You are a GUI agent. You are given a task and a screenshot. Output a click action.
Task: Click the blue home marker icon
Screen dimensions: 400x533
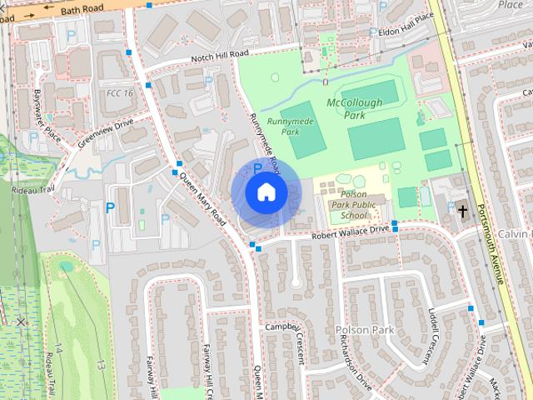[x=266, y=192]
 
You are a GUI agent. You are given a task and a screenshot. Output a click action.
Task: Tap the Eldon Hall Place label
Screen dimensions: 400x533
[x=406, y=22]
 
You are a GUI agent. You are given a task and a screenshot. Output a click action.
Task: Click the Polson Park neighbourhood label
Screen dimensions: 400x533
[x=364, y=331]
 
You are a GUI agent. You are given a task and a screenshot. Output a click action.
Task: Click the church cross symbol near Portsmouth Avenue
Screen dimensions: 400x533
[x=462, y=211]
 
